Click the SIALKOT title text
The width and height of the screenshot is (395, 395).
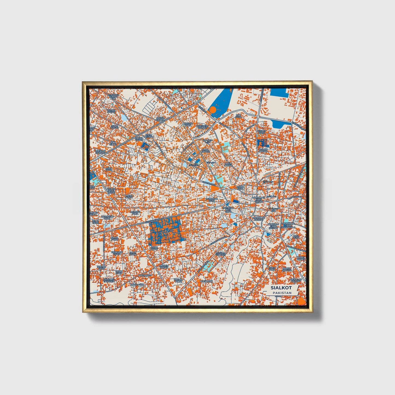tap(281, 288)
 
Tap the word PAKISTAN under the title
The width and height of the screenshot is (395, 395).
tap(282, 293)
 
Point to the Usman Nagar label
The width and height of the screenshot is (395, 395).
tap(111, 111)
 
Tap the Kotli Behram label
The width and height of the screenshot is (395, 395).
tap(149, 136)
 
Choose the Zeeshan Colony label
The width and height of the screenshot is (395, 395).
tap(100, 152)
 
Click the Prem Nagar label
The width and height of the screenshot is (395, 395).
tap(228, 164)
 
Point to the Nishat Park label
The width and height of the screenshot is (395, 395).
tap(262, 132)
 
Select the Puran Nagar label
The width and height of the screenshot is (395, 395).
tap(264, 150)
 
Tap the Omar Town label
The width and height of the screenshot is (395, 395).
tap(154, 248)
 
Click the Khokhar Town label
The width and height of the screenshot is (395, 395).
tap(116, 253)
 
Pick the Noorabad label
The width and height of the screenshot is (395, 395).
tap(145, 275)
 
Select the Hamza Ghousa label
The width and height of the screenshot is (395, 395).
tap(287, 269)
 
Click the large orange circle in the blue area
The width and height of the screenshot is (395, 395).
tap(212, 110)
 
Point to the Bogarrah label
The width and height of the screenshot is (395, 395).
tap(206, 281)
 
